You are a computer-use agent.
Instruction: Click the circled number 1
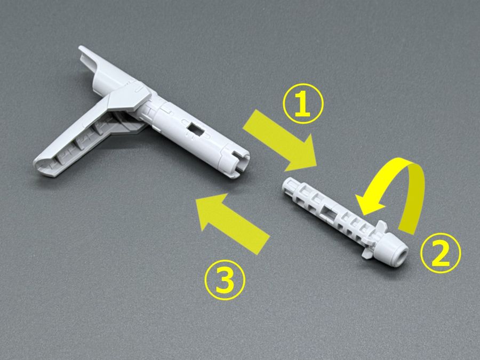point(303,103)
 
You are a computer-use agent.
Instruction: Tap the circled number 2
point(440,253)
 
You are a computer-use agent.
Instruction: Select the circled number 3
point(225,279)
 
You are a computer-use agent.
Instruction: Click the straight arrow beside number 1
point(279,140)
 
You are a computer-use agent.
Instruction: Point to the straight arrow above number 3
point(233,223)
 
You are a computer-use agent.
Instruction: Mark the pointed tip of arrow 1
point(316,166)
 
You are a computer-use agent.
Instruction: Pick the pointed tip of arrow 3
point(196,199)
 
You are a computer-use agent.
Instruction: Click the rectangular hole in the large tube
point(196,130)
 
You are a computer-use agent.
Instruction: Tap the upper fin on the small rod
point(381,226)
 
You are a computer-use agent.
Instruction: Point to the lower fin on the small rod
point(366,253)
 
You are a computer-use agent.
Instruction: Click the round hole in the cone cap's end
point(403,255)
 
